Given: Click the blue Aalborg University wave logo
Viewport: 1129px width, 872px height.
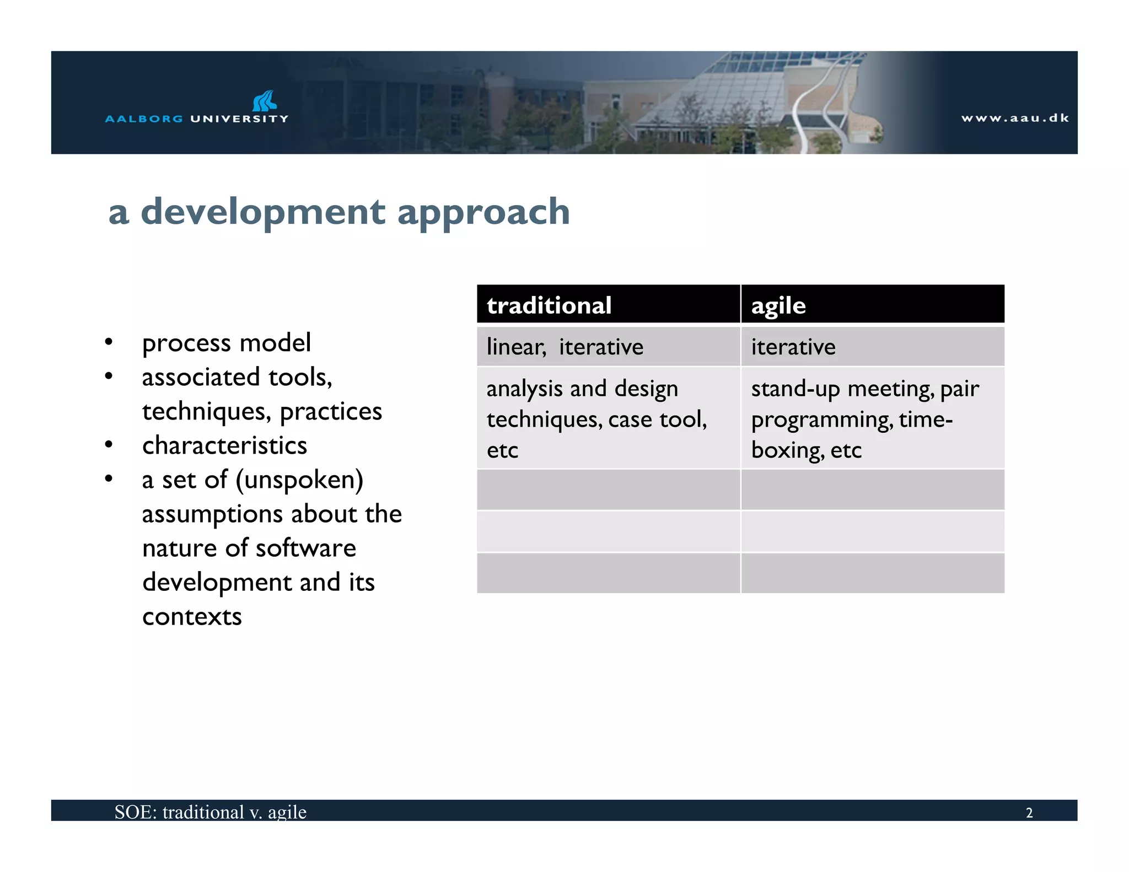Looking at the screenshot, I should click(264, 101).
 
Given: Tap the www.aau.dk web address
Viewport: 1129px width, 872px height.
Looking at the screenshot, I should click(1014, 118).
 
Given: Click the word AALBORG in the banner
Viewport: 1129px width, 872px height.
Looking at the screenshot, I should click(144, 119).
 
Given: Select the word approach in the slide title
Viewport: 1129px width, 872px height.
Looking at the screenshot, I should click(483, 212).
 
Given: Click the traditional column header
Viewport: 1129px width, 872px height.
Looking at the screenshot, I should click(549, 305).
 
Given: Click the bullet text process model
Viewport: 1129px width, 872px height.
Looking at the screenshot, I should click(227, 343).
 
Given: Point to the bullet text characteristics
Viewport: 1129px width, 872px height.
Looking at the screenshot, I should click(224, 445).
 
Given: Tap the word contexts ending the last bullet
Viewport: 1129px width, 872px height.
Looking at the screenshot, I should click(192, 616).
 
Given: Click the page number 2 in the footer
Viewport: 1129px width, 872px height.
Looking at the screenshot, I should click(1029, 812).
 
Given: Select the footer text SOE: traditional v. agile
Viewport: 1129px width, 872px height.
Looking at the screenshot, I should click(210, 812).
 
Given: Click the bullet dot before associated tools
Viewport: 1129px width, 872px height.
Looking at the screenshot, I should click(109, 377).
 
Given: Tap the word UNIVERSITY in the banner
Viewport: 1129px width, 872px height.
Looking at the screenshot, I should click(239, 119).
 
